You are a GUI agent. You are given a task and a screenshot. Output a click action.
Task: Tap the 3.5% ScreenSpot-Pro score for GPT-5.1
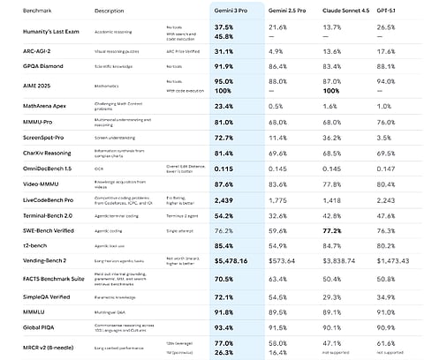coord(382,139)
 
